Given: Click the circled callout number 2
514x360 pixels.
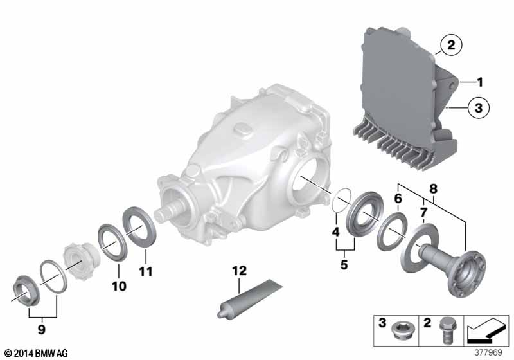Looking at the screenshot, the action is point(451,45).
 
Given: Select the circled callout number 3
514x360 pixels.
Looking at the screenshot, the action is point(478,107).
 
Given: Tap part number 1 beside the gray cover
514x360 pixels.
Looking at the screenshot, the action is point(480,82).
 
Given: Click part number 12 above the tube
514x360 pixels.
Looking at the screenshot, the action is point(239,271).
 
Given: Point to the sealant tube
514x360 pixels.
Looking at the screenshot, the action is point(249,298).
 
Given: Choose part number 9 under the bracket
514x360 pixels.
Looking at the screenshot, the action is point(41,329).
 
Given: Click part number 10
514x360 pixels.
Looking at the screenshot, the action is point(119,286).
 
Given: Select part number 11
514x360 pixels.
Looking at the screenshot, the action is point(146,271).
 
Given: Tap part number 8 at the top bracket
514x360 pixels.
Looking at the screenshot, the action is point(433,188).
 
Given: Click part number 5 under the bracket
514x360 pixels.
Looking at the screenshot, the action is point(344,264).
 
